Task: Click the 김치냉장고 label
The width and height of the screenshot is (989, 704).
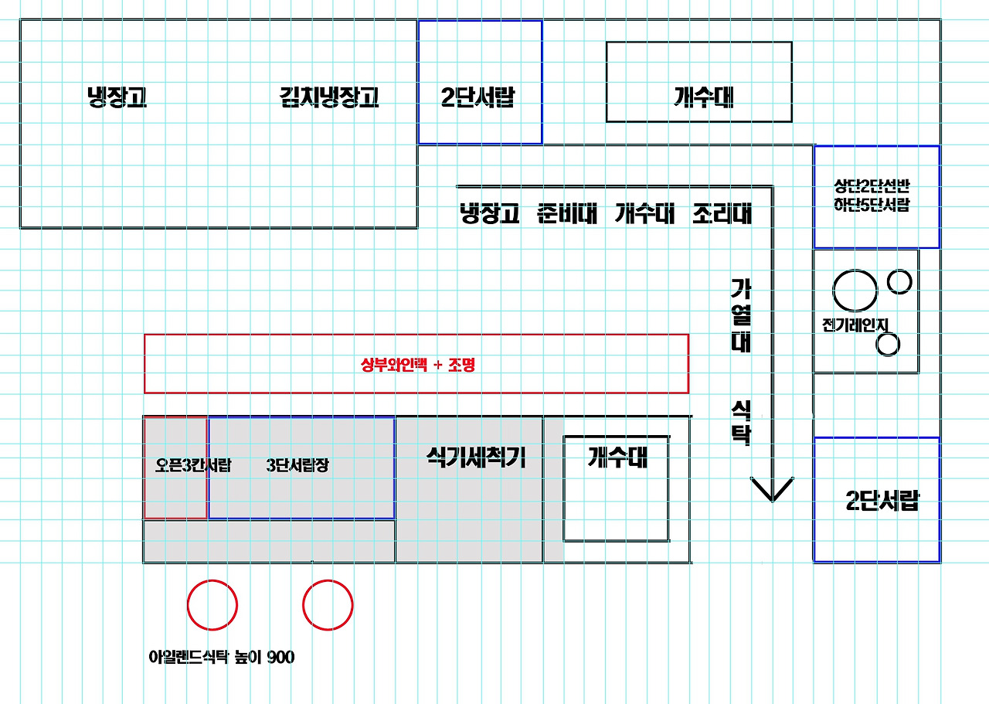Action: coord(329,98)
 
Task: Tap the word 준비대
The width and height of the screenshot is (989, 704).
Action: coord(567,213)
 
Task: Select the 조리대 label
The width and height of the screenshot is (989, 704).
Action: coord(722,213)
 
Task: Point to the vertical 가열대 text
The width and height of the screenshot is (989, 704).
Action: coord(741,316)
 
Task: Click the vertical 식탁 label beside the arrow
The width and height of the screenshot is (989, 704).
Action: coord(741,423)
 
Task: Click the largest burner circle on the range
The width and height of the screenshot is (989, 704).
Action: coord(855,291)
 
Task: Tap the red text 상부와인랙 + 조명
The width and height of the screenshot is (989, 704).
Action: coord(417,365)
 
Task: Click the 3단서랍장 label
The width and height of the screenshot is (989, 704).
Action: coord(297,466)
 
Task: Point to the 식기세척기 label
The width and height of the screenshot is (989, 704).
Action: coord(476,458)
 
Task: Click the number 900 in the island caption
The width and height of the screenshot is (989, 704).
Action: coord(280,658)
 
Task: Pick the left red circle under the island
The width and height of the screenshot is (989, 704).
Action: coord(212,605)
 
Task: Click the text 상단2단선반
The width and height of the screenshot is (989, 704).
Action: coord(876,187)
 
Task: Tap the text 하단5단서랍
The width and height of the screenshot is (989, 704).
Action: coord(876,205)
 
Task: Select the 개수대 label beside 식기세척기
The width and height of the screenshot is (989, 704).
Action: coord(617,458)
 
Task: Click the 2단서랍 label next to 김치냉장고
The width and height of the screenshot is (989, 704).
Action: coord(478,98)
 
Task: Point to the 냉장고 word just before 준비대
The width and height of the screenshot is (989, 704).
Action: coord(490,213)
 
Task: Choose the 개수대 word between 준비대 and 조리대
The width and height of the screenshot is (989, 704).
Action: coord(645,213)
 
